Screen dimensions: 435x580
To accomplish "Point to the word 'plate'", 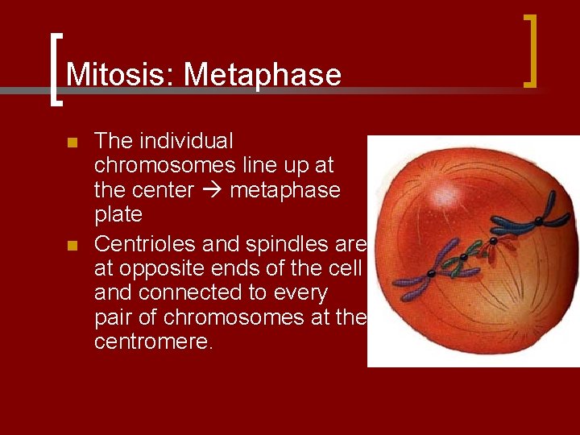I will [118, 215].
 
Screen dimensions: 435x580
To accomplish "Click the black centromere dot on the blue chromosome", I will [536, 219].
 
